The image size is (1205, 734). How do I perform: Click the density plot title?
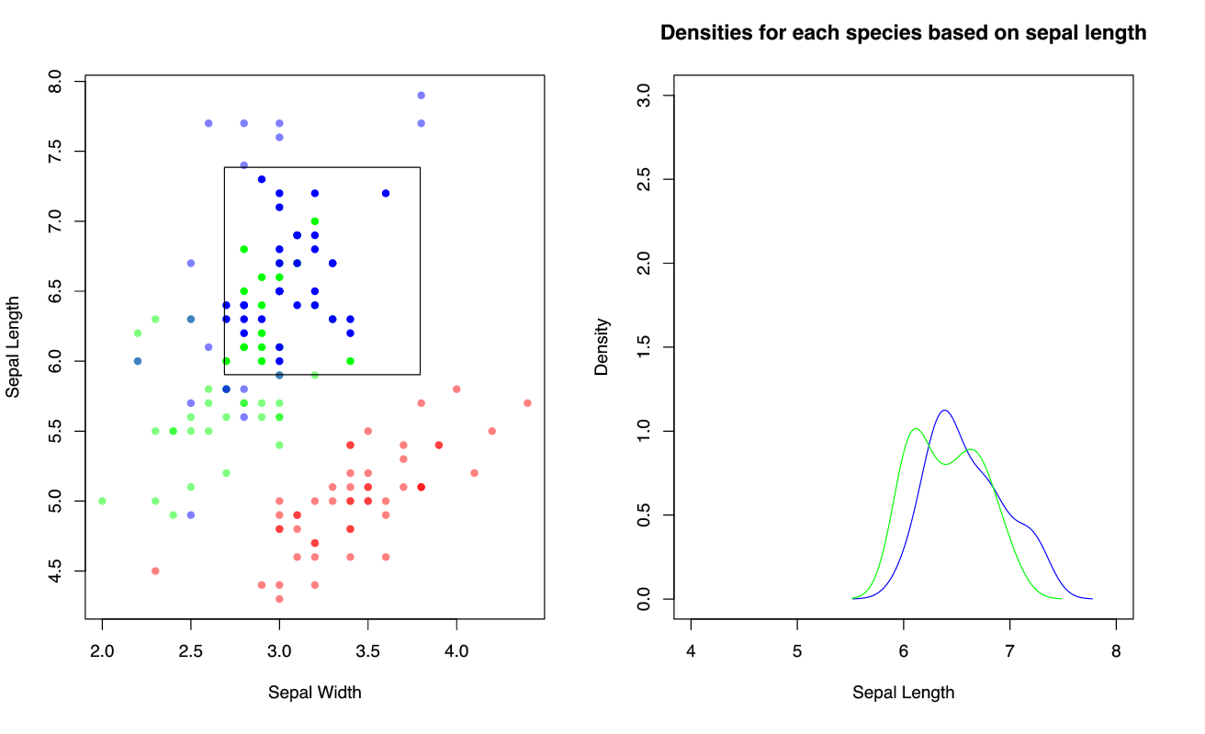(903, 34)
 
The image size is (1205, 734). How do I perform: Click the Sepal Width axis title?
(314, 693)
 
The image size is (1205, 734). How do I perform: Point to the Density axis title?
(602, 346)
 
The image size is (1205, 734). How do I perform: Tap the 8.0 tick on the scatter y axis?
(55, 81)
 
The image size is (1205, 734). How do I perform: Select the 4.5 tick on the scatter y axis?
(55, 570)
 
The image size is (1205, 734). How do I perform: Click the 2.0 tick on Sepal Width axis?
(102, 652)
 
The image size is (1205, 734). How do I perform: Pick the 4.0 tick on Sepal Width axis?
(456, 652)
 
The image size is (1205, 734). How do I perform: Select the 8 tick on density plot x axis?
(1116, 652)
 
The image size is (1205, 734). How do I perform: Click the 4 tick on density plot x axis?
(691, 652)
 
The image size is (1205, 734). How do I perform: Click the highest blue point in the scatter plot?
(421, 96)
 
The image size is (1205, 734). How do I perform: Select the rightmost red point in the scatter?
(527, 403)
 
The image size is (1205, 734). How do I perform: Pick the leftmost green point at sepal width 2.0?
(102, 501)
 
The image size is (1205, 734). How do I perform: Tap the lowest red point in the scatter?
(279, 599)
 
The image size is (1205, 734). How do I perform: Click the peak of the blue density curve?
(943, 411)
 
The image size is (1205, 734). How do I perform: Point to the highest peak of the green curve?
(916, 429)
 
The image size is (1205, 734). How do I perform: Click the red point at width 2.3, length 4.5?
(155, 570)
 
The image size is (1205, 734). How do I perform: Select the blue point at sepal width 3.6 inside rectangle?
(386, 193)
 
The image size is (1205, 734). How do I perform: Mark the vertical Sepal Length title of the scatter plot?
(13, 346)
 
